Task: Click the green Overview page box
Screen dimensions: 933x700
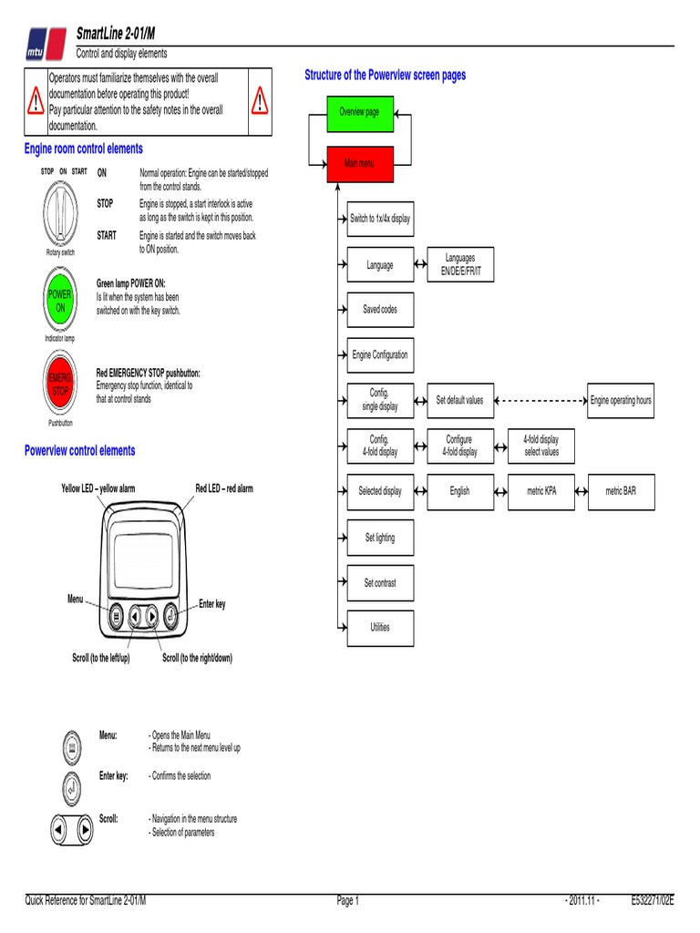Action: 360,111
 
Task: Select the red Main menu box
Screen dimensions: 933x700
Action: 360,164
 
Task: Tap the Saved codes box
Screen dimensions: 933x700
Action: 380,310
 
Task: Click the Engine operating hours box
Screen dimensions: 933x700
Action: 621,400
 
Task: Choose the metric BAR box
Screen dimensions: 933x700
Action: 621,491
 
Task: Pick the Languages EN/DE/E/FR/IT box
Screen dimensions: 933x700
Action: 460,265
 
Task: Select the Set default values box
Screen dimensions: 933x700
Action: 460,400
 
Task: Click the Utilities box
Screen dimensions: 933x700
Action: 380,628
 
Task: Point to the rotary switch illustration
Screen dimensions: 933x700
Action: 60,210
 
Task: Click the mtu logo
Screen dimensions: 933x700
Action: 43,42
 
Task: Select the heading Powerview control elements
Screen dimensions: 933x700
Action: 79,450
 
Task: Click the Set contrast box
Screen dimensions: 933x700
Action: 380,583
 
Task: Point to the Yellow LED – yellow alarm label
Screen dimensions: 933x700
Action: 98,488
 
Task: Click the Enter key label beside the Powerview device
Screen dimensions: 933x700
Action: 212,605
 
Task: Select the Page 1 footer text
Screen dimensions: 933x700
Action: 348,901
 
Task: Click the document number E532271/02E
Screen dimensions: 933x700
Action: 653,901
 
